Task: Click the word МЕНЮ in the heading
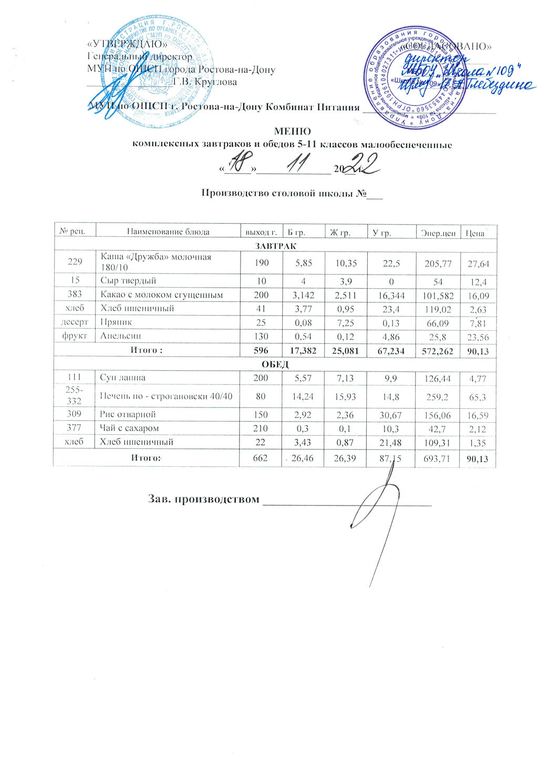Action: [293, 131]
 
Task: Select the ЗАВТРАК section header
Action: [275, 245]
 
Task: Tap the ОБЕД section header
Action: [275, 364]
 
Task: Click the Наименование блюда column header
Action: [168, 232]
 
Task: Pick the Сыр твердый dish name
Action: [128, 281]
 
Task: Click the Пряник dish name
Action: [117, 322]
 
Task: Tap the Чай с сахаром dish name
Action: [126, 428]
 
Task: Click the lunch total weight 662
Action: [261, 458]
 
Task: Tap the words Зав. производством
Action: [204, 498]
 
